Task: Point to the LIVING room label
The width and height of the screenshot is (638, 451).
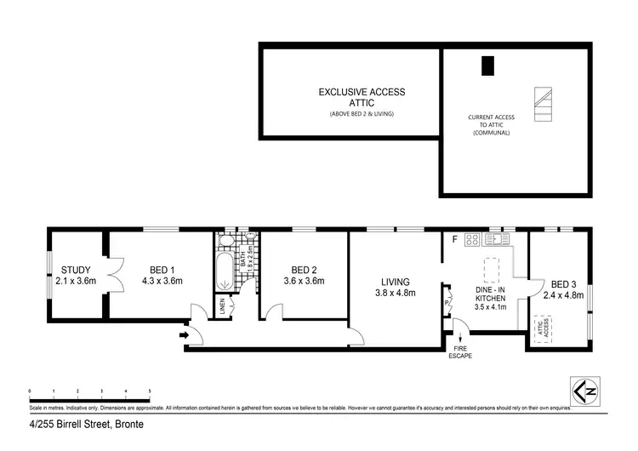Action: point(396,282)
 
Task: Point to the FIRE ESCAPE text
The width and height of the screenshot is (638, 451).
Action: point(459,351)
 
